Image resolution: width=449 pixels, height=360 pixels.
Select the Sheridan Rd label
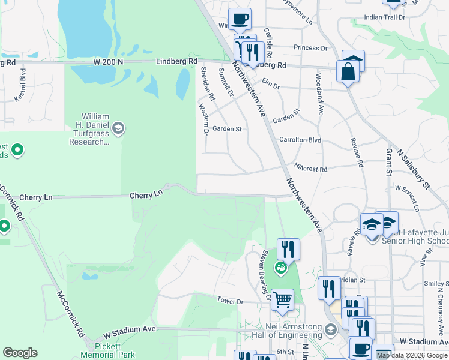click(x=208, y=83)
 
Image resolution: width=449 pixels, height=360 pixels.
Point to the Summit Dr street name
click(x=226, y=82)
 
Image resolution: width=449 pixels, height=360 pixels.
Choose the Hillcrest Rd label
click(x=310, y=169)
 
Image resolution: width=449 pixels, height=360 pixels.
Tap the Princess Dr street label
click(x=310, y=48)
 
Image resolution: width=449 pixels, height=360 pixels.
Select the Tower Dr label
click(x=230, y=300)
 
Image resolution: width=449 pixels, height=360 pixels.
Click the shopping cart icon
click(x=282, y=298)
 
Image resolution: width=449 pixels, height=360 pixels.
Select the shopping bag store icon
click(x=349, y=71)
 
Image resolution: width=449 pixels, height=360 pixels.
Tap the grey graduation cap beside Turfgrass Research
click(x=119, y=127)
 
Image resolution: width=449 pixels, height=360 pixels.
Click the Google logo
click(x=20, y=353)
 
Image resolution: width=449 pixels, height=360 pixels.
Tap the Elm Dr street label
click(x=271, y=86)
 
